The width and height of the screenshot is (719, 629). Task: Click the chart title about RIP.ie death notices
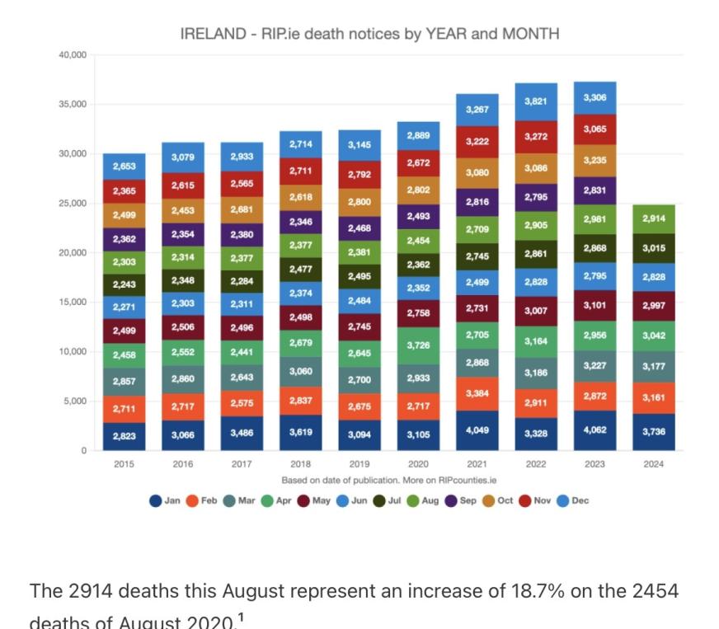click(x=369, y=34)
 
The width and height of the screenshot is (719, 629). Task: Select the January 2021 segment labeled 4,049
click(x=477, y=430)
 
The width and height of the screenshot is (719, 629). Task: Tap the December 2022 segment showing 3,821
click(x=536, y=101)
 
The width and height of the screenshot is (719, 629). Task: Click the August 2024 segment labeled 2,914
click(x=653, y=219)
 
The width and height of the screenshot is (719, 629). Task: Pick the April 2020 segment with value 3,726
click(x=418, y=345)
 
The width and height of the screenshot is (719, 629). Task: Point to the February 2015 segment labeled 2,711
click(x=124, y=408)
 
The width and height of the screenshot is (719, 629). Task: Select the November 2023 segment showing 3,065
click(x=594, y=129)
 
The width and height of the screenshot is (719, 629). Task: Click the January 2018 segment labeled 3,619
click(x=300, y=431)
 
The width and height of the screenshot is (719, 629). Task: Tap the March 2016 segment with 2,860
click(x=182, y=378)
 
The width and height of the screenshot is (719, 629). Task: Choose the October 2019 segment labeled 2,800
click(x=359, y=202)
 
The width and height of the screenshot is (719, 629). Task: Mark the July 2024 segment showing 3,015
click(x=653, y=248)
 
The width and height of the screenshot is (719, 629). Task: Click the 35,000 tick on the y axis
click(x=73, y=105)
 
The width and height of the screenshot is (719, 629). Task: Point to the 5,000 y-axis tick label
click(x=75, y=401)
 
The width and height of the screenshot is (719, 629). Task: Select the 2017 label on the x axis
click(x=242, y=464)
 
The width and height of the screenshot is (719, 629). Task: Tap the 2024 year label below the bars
click(x=653, y=464)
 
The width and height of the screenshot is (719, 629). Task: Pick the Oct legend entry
click(x=499, y=500)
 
